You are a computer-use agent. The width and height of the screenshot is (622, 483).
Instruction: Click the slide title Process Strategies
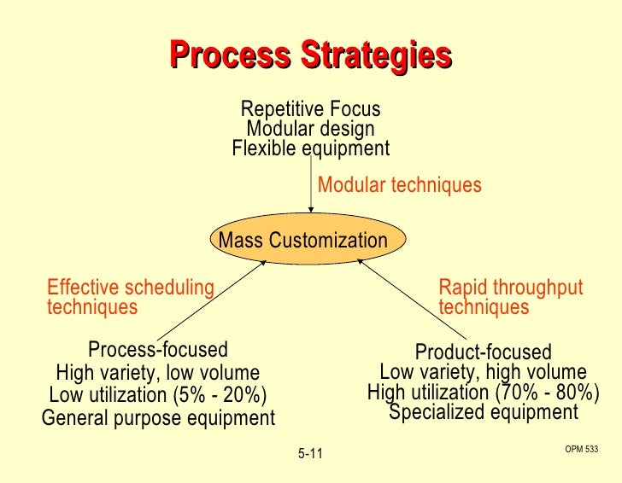[x=310, y=55]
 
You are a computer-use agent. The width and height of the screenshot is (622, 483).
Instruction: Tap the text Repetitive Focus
[x=310, y=109]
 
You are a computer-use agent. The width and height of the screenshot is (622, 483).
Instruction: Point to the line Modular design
[x=310, y=129]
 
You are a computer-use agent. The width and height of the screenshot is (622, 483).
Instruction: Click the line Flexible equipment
[x=310, y=148]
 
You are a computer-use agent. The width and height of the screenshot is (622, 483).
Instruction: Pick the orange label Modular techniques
[x=399, y=185]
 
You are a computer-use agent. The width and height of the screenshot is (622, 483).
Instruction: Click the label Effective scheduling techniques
[x=130, y=297]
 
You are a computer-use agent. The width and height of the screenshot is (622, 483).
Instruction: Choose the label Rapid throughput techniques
[x=498, y=297]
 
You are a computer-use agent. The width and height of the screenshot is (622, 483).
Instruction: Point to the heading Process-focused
[x=158, y=350]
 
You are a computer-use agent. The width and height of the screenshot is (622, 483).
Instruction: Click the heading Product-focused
[x=483, y=352]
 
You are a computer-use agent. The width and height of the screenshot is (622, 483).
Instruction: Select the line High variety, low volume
[x=157, y=373]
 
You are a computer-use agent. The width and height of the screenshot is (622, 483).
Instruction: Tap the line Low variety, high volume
[x=483, y=372]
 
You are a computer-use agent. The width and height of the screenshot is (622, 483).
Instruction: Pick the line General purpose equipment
[x=158, y=418]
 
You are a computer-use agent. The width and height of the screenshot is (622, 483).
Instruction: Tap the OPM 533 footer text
[x=581, y=448]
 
